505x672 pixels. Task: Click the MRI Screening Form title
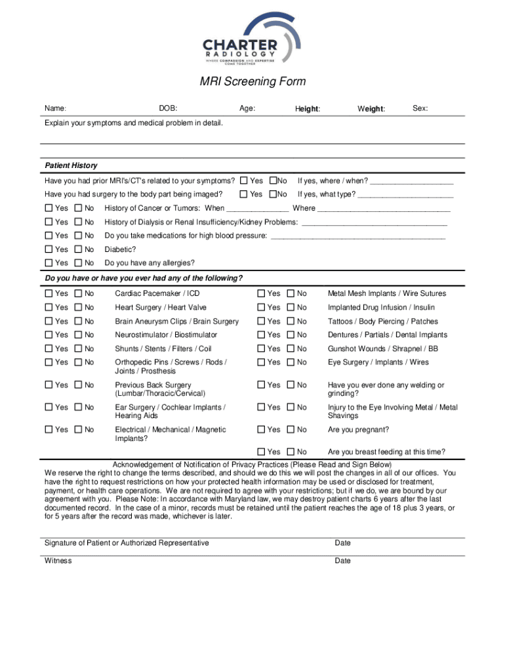tap(253, 82)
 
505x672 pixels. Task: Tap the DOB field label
tap(168, 108)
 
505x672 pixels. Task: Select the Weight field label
tap(371, 108)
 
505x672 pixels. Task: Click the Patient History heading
tap(71, 165)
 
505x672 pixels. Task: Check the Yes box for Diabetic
tap(49, 249)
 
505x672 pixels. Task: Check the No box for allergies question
tap(78, 263)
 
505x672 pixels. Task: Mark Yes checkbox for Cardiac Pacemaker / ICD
tap(49, 293)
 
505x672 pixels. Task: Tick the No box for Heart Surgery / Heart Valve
tap(78, 307)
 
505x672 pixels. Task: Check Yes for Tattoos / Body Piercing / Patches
tap(261, 322)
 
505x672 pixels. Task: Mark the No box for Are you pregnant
tap(291, 430)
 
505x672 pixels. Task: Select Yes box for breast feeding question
tap(261, 452)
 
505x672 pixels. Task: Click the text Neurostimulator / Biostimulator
tap(166, 335)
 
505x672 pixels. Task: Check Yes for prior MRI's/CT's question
tap(244, 180)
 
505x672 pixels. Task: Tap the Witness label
tap(58, 560)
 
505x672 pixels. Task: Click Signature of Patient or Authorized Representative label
tap(127, 543)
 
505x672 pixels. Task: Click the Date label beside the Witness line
tap(342, 560)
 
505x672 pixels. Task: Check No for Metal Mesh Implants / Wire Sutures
tap(291, 293)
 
